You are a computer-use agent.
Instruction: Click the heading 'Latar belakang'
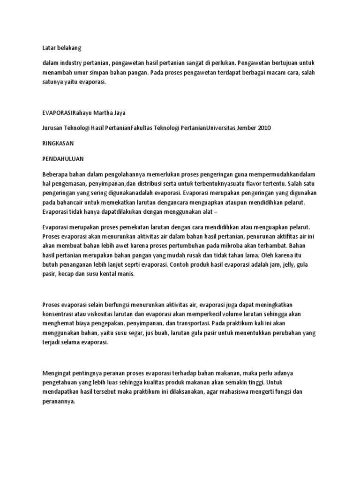tap(62, 47)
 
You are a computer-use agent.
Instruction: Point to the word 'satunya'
tap(52, 82)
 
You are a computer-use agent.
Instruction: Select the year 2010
tap(263, 128)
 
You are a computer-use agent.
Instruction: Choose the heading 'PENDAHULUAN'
tap(63, 159)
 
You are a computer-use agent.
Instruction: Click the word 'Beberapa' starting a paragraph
tap(55, 173)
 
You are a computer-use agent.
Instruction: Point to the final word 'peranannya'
tap(59, 402)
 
